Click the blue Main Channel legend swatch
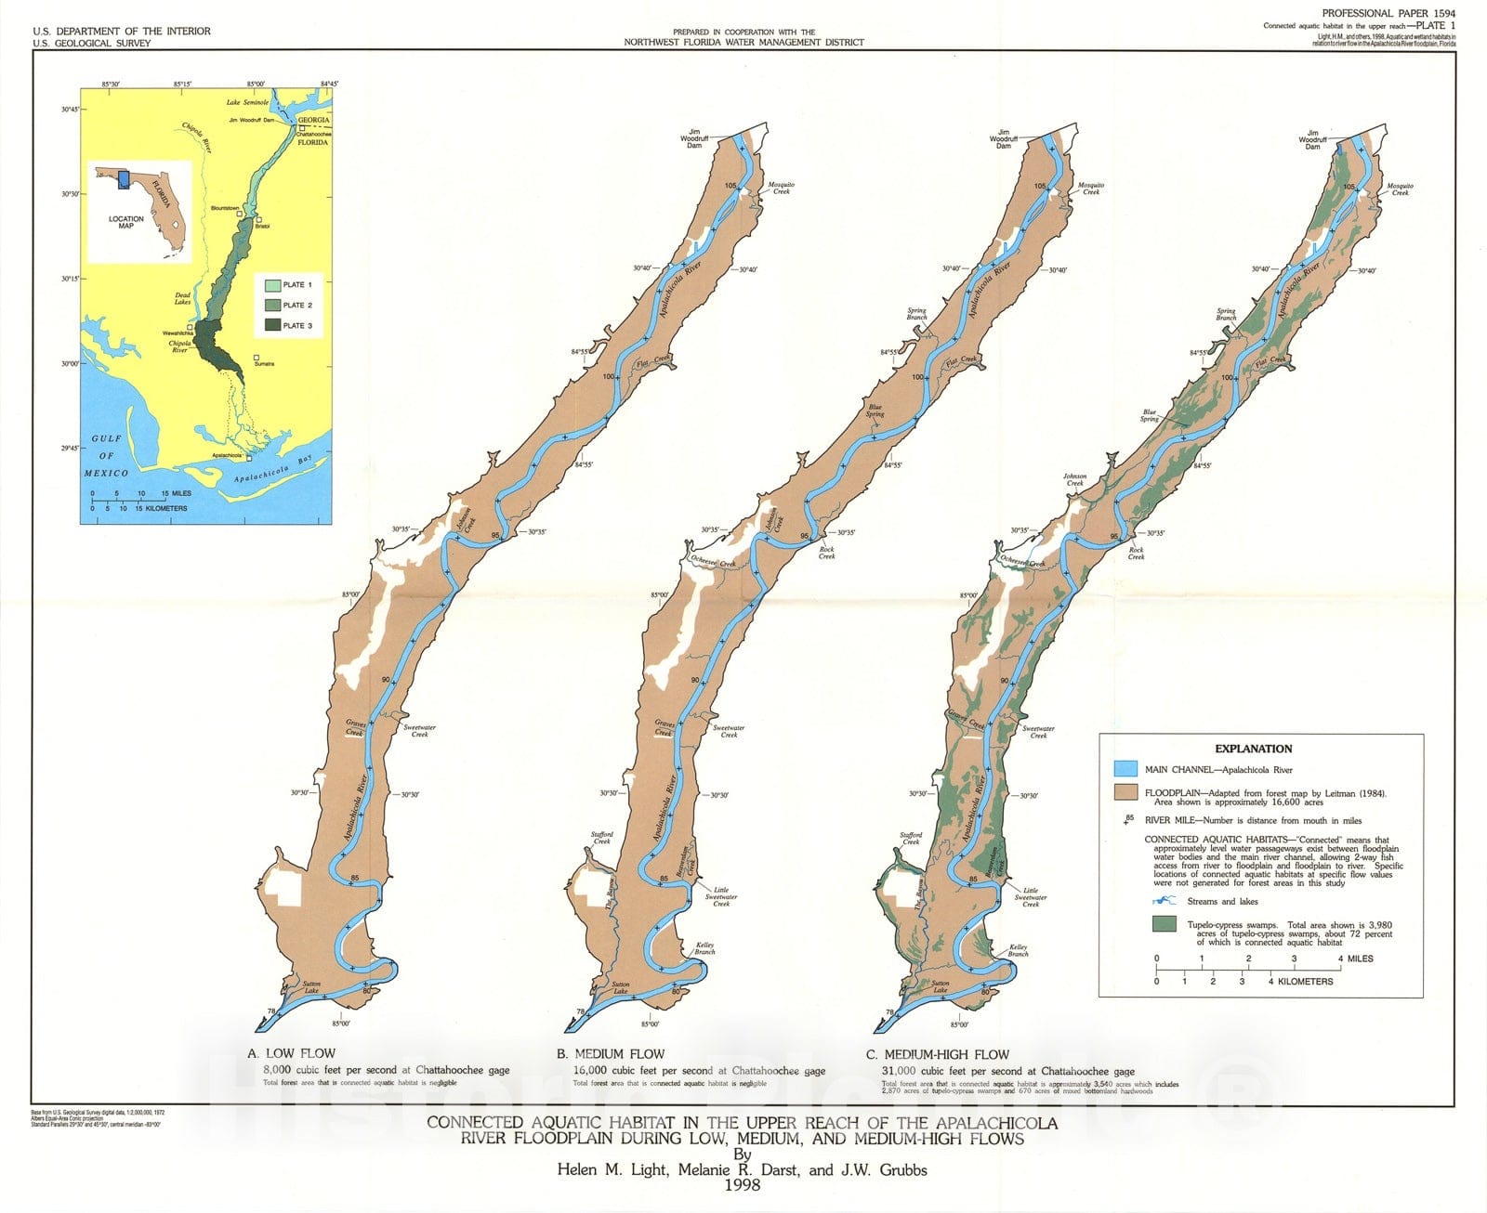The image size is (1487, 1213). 1125,769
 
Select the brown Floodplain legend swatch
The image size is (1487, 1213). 1125,794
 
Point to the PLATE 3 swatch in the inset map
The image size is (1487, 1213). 272,325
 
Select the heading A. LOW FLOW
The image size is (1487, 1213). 292,1053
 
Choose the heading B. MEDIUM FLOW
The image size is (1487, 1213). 611,1053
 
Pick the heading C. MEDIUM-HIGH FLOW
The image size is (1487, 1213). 937,1054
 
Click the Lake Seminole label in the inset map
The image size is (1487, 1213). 248,102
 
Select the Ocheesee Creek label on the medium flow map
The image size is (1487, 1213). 713,563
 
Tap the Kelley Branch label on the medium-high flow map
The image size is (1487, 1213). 1019,950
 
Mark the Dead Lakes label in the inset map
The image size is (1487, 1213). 182,298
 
